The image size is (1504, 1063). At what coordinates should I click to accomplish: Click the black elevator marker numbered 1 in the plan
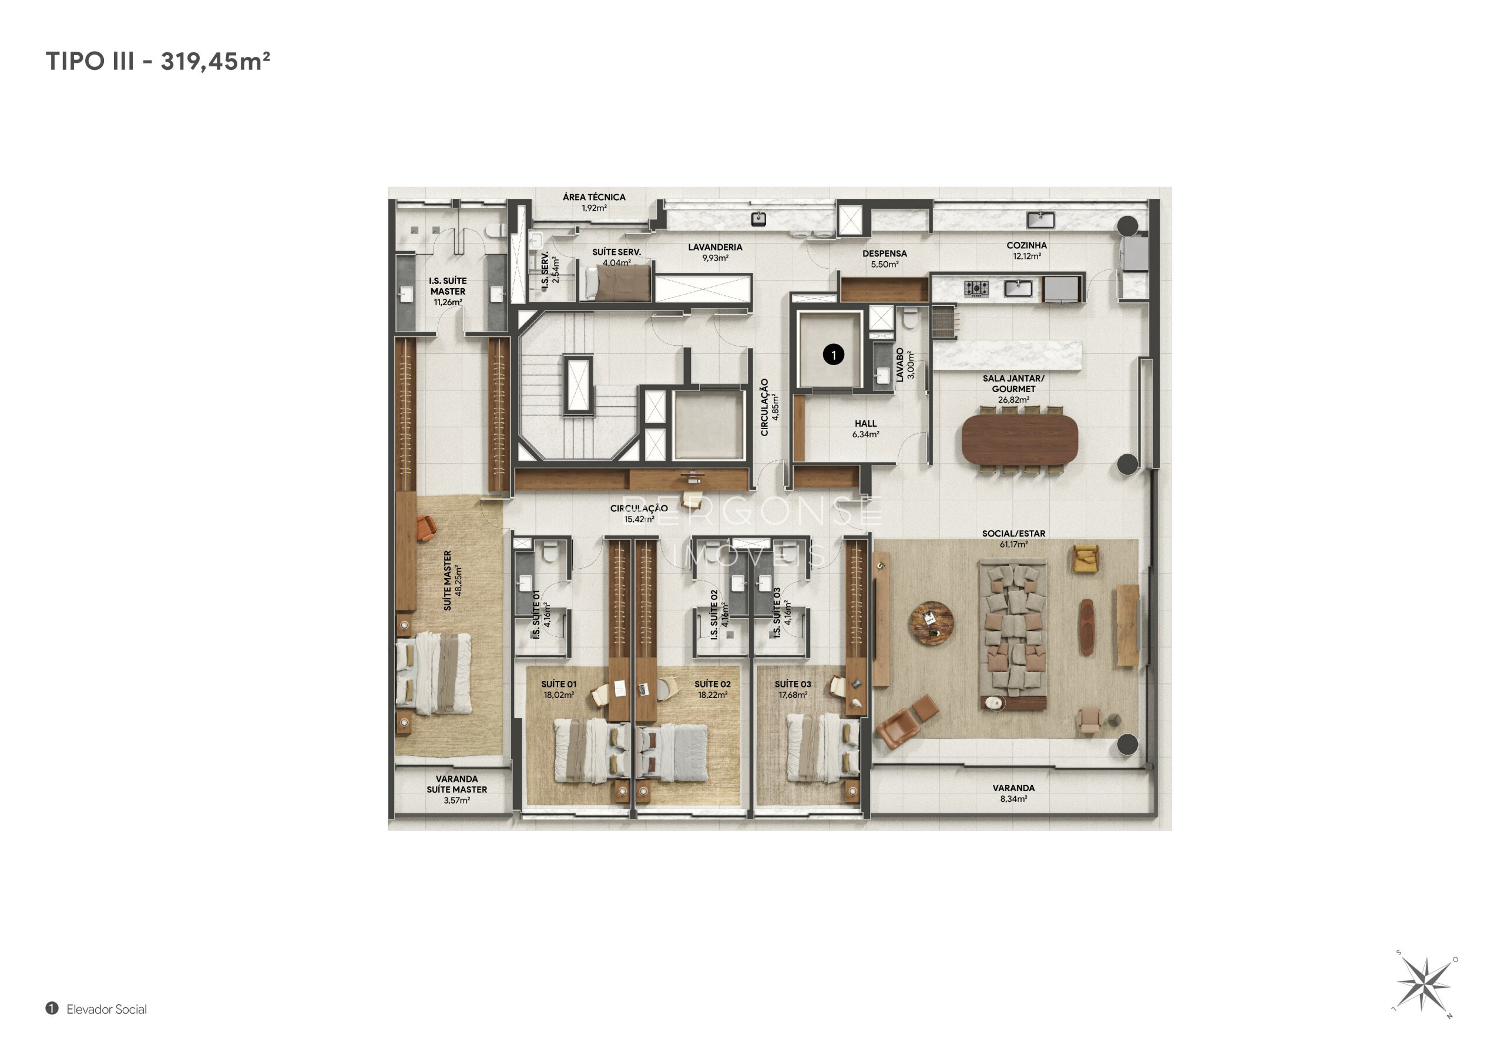point(833,355)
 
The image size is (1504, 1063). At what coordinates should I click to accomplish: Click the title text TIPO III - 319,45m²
point(158,61)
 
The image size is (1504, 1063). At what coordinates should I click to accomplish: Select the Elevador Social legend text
point(107,1010)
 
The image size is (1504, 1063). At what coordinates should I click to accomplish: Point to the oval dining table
point(1020,438)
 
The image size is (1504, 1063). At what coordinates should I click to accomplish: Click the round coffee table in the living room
point(931,623)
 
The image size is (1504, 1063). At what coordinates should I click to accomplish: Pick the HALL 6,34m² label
point(865,428)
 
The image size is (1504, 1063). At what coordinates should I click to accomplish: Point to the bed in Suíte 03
point(822,747)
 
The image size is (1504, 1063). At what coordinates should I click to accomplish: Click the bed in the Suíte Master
point(434,673)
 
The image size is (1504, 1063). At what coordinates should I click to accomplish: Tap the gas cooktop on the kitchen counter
point(976,288)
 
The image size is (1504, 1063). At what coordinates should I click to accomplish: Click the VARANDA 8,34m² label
point(1013,794)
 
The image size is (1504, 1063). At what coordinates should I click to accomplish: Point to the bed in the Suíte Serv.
point(617,283)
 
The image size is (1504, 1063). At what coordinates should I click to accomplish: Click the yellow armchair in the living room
point(1086,558)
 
